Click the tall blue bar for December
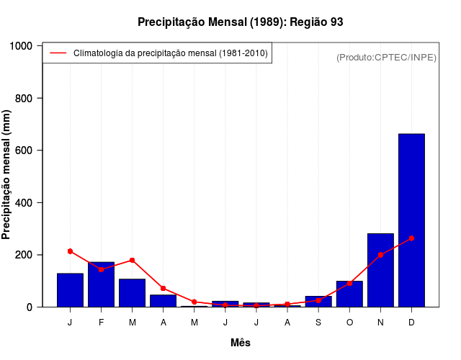tap(411, 220)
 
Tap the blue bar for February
tap(101, 285)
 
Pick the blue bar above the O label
tap(349, 294)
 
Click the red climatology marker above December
tap(411, 238)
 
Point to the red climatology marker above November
tap(380, 255)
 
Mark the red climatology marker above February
tap(101, 269)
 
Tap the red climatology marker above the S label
tap(318, 300)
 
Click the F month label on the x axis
tap(101, 322)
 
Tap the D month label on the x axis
tap(411, 322)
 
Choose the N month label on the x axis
tap(380, 322)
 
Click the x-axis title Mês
tap(241, 343)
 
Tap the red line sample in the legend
tap(58, 53)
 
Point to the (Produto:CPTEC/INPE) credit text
tap(387, 57)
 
